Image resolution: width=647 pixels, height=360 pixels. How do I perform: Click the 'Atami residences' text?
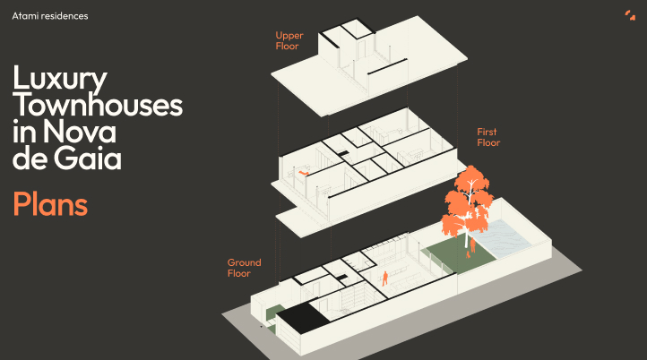(x=50, y=16)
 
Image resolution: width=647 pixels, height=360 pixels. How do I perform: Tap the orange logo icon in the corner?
(x=630, y=15)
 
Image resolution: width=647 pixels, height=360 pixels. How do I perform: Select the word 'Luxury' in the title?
(x=60, y=79)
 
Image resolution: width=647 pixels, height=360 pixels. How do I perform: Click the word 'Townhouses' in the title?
(x=98, y=105)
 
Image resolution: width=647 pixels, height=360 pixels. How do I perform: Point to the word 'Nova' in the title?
(x=79, y=132)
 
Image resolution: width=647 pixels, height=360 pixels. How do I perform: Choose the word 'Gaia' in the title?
(x=88, y=158)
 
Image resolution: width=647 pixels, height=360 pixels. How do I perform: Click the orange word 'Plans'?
(x=50, y=203)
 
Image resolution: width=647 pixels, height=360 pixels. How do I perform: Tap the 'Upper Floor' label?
(x=289, y=41)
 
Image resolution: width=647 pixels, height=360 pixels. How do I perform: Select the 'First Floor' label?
(x=488, y=137)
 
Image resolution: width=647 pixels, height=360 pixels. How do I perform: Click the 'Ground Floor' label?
(x=245, y=268)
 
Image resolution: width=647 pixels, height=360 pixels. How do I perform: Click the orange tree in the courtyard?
(x=467, y=202)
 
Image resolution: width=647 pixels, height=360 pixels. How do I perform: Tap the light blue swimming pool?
(x=500, y=237)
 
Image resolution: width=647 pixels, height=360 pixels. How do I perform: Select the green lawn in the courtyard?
(x=461, y=255)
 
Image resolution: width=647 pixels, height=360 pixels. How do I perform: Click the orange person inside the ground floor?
(x=384, y=279)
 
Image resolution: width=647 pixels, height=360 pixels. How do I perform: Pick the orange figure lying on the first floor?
(x=303, y=172)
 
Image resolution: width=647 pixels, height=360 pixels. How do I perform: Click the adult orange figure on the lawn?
(x=472, y=245)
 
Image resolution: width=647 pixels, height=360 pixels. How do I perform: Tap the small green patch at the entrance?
(x=272, y=313)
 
